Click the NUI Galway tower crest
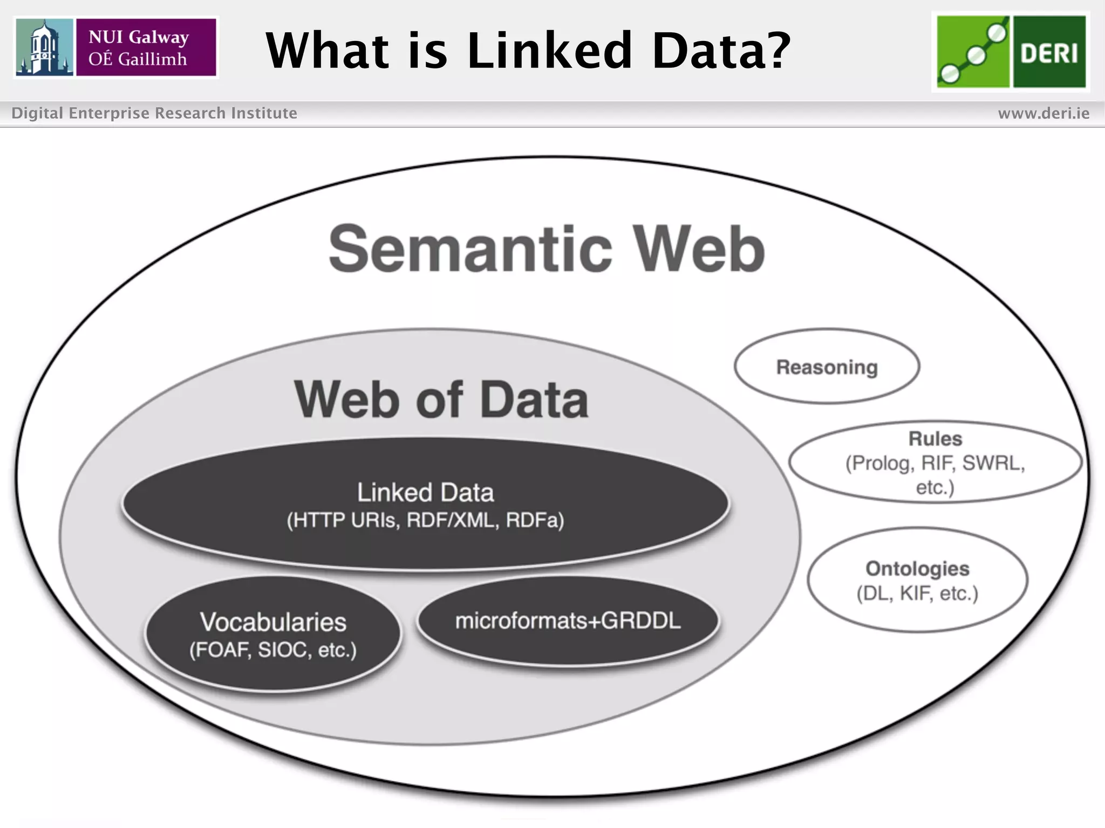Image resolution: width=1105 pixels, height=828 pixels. (x=44, y=47)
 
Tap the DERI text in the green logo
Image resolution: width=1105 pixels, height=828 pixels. (x=1049, y=53)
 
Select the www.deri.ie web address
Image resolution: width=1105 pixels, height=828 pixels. (x=1043, y=113)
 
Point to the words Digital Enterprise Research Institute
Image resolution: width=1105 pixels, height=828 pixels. (x=154, y=113)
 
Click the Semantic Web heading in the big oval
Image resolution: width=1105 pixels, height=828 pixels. (x=546, y=249)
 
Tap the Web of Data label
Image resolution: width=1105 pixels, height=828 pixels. (x=441, y=399)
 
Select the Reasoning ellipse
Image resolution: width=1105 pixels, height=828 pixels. (x=827, y=367)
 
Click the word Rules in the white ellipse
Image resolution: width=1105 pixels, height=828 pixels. (x=935, y=439)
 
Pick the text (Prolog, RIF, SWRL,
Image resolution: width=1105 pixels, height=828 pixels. (x=935, y=463)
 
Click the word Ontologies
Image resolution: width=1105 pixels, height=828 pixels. (x=917, y=569)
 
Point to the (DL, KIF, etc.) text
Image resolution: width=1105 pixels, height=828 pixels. (x=917, y=594)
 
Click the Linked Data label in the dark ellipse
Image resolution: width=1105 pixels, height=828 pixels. (x=425, y=492)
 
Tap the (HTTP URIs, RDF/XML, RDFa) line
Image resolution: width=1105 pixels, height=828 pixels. (x=425, y=520)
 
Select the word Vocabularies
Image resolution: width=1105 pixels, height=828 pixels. (x=273, y=622)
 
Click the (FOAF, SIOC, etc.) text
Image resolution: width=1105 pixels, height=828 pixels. (x=273, y=650)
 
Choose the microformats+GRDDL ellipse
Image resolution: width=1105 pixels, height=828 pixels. (x=568, y=621)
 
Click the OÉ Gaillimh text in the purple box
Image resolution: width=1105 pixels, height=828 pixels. (x=138, y=59)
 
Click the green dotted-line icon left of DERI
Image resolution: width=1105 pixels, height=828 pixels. (x=973, y=52)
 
